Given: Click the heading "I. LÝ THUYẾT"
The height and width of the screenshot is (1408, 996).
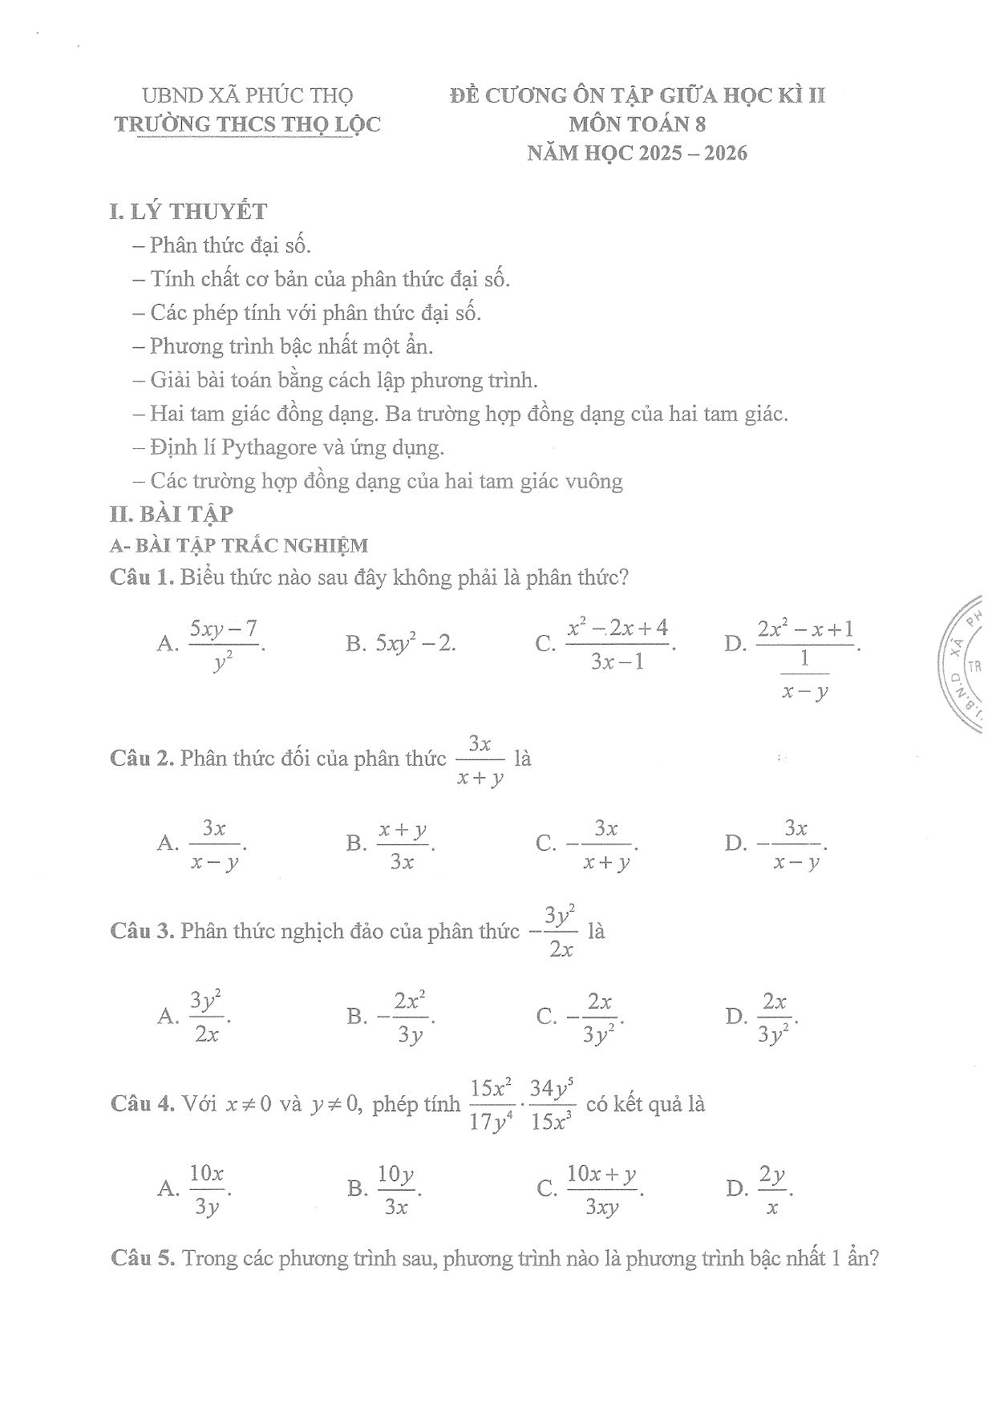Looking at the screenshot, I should pos(188,212).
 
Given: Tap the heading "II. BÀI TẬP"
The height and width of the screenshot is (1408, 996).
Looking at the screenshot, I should pos(171,513).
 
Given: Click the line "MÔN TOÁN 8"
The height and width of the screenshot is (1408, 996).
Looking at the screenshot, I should pos(637,124).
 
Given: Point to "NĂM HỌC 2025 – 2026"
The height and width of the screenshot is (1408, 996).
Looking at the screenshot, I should pos(637,153).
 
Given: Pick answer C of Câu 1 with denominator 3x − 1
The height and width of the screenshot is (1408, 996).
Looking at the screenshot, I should pos(617,643).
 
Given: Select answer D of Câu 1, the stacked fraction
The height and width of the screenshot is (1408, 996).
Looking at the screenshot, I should pos(805,657).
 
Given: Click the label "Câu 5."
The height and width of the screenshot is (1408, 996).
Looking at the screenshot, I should pos(143,1258).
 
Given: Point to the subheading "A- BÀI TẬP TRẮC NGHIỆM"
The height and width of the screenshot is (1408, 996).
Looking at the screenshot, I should pos(239,546).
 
